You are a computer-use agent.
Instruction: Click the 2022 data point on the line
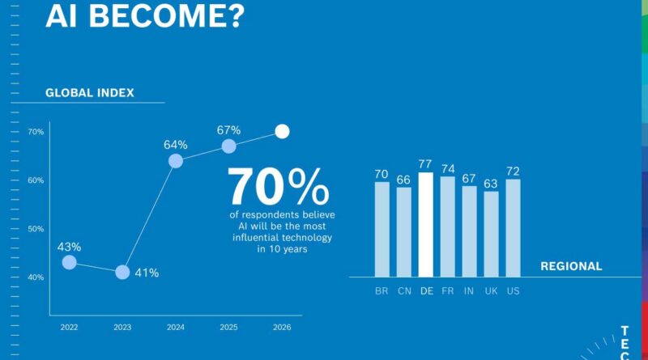69,262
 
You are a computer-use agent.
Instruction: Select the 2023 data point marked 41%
122,272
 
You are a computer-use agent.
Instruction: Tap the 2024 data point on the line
176,161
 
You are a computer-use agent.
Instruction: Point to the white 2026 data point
282,131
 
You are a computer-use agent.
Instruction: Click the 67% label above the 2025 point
228,130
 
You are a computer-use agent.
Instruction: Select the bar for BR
382,229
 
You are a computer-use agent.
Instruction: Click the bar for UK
491,234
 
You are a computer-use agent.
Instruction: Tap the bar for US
513,227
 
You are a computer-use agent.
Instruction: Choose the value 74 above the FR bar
447,169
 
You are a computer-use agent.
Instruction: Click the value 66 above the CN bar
403,179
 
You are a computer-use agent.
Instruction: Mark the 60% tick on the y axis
36,180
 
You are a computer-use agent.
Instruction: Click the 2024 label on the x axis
176,327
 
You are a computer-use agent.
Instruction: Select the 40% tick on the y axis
36,277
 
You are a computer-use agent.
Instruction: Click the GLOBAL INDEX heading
89,93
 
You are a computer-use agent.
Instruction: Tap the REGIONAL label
571,266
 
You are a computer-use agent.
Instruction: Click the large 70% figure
277,187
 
